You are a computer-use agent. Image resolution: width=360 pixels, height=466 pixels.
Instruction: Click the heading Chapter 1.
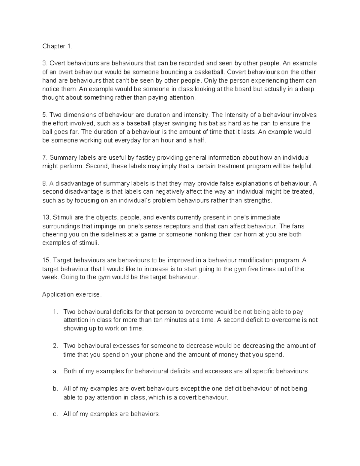click(x=57, y=46)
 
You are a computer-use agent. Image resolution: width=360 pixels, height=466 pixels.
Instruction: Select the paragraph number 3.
click(x=45, y=63)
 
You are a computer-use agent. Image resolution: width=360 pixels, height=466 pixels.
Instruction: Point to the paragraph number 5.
click(x=45, y=115)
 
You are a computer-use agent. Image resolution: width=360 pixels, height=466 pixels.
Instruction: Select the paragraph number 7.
click(x=45, y=158)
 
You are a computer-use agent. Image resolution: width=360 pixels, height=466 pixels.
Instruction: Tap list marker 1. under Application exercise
click(x=55, y=312)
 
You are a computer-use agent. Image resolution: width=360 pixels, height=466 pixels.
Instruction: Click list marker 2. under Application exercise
click(x=55, y=346)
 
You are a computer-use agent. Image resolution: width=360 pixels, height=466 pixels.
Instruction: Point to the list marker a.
click(x=55, y=371)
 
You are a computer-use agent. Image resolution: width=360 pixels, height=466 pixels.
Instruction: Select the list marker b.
click(x=55, y=389)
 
